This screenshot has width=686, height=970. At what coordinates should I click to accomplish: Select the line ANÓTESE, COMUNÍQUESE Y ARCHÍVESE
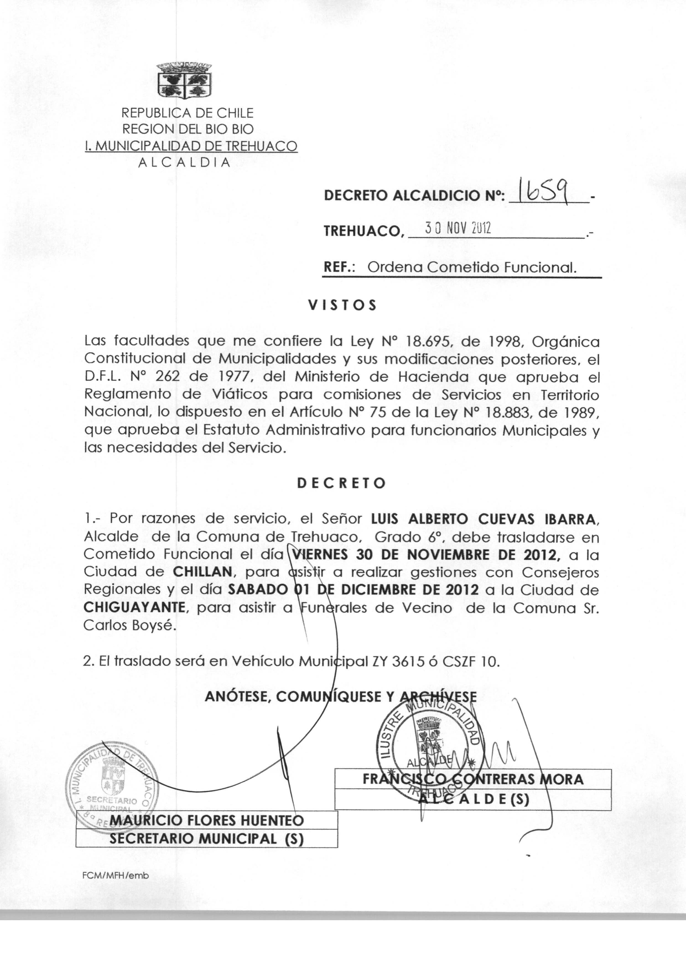(x=341, y=696)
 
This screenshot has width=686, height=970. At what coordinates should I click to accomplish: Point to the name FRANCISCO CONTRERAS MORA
(x=473, y=779)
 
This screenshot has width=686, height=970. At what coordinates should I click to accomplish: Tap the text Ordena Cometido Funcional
(x=472, y=267)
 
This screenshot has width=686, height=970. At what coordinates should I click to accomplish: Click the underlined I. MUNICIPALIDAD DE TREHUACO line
(x=191, y=146)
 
